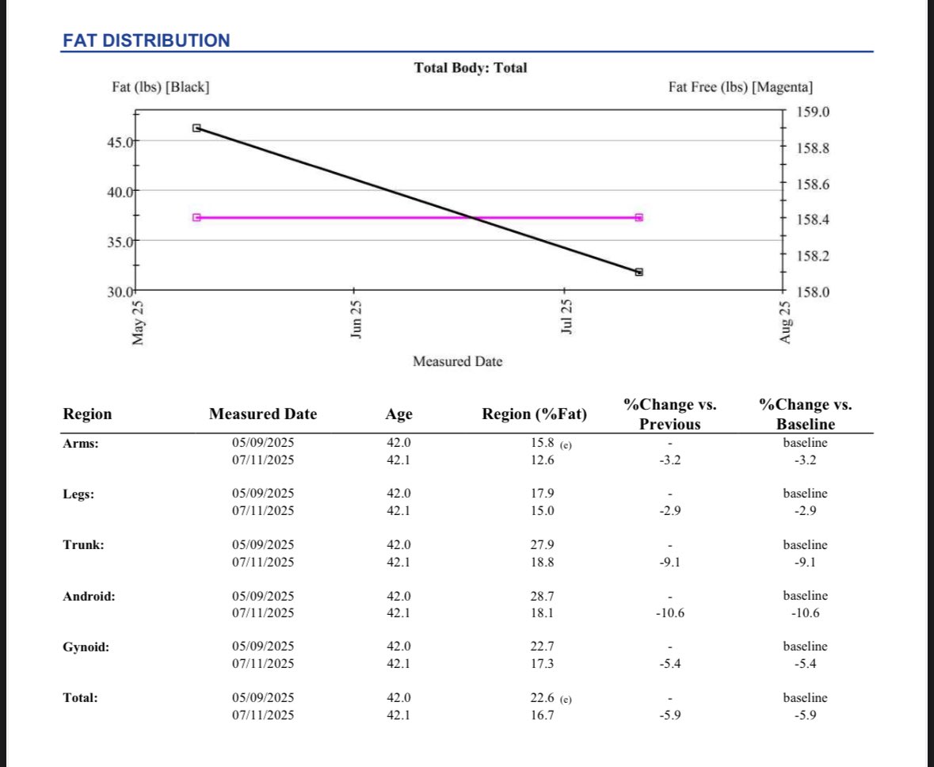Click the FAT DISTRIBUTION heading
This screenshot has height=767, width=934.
[x=146, y=40]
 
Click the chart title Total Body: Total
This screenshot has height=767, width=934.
[x=470, y=68]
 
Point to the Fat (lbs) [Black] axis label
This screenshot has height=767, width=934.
[x=161, y=86]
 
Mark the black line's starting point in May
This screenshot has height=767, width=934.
[x=196, y=128]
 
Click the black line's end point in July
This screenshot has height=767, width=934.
[x=639, y=272]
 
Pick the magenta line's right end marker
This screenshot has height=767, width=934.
[x=639, y=217]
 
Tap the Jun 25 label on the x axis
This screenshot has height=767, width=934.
[x=356, y=319]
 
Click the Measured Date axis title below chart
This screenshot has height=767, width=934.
[x=457, y=361]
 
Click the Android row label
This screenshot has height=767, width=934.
[x=89, y=596]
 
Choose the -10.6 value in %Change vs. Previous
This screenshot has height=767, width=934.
[x=669, y=612]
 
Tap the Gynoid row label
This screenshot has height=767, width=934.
[x=86, y=647]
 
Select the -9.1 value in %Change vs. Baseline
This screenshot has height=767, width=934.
[x=804, y=562]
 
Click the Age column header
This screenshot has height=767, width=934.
[x=398, y=414]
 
